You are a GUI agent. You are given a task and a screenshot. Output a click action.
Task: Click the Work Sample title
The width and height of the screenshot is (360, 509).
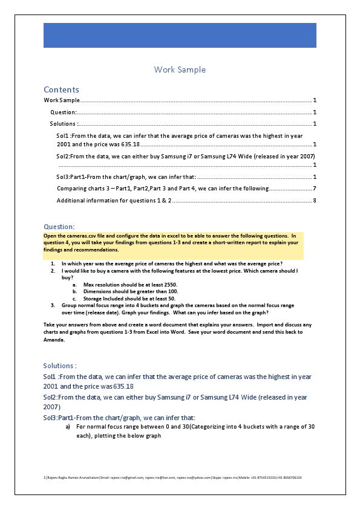[180, 70]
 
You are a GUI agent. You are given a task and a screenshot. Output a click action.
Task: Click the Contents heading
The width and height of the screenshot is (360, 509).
[61, 89]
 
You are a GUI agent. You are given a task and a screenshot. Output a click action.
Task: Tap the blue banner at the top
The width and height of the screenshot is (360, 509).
[180, 35]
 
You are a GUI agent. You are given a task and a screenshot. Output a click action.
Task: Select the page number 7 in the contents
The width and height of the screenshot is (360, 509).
[315, 189]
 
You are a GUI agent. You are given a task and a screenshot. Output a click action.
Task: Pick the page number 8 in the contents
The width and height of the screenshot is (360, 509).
[315, 200]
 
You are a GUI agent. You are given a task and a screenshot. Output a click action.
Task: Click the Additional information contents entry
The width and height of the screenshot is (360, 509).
[114, 200]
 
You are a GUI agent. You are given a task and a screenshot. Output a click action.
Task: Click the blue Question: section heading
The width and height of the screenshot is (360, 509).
[59, 227]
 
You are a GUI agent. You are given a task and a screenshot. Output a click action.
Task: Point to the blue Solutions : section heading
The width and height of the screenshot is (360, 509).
[60, 366]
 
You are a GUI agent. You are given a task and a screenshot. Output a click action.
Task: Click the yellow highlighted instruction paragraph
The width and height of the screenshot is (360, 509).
[172, 242]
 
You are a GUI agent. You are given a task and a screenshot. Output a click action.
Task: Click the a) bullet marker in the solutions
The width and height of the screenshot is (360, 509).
[68, 427]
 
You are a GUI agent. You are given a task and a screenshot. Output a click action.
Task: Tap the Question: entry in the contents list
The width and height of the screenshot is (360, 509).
[64, 112]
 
